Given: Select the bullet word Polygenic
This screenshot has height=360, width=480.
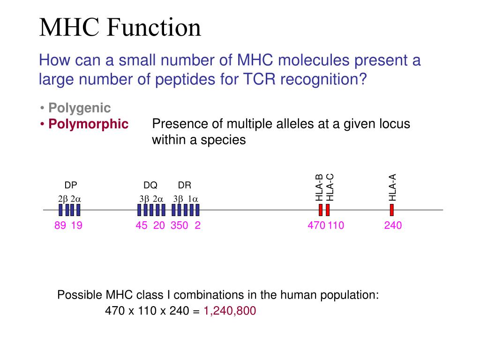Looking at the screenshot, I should (x=80, y=108).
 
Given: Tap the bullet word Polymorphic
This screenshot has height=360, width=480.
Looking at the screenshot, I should (x=88, y=124).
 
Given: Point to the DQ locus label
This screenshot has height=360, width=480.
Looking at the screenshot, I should (x=150, y=185).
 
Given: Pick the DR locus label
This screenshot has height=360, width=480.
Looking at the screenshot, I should (x=185, y=185).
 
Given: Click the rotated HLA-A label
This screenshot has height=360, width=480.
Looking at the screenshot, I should (x=393, y=187).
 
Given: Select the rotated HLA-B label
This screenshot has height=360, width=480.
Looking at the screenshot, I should (x=320, y=187).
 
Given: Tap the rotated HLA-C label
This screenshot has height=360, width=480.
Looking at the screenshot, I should (x=330, y=187).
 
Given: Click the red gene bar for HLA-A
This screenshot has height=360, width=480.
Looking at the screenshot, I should (x=392, y=210).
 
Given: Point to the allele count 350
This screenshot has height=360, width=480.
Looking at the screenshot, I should (x=180, y=225).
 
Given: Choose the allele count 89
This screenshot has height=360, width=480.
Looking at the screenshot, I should (x=60, y=225).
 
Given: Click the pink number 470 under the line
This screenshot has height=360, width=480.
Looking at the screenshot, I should (x=316, y=225).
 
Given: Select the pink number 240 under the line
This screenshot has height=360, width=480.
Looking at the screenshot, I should (x=393, y=225).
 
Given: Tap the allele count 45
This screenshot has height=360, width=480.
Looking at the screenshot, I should (x=142, y=225).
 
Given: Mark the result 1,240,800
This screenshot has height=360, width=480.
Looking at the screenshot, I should (x=230, y=311).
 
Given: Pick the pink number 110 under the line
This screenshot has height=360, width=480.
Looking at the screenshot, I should (x=336, y=225).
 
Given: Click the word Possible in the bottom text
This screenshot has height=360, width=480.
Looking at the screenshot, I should (x=79, y=295).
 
